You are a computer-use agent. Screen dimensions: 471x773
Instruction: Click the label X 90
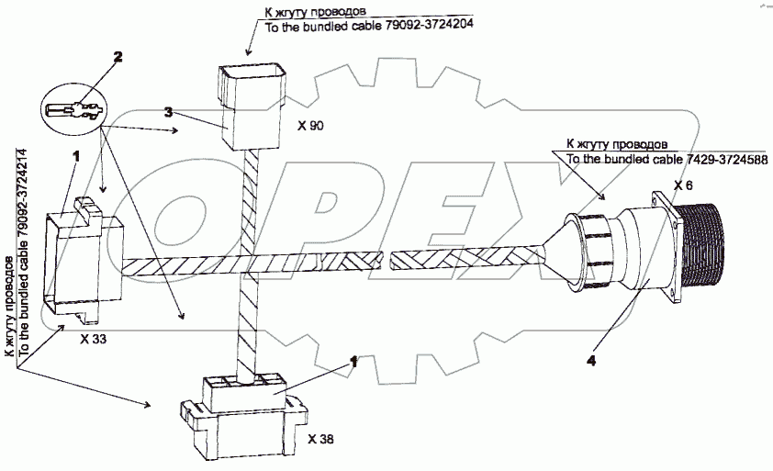(x=310, y=124)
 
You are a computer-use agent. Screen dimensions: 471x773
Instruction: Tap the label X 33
(x=94, y=339)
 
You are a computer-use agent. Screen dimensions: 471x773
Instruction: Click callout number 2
(x=117, y=57)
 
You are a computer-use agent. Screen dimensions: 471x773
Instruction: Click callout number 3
(x=168, y=112)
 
